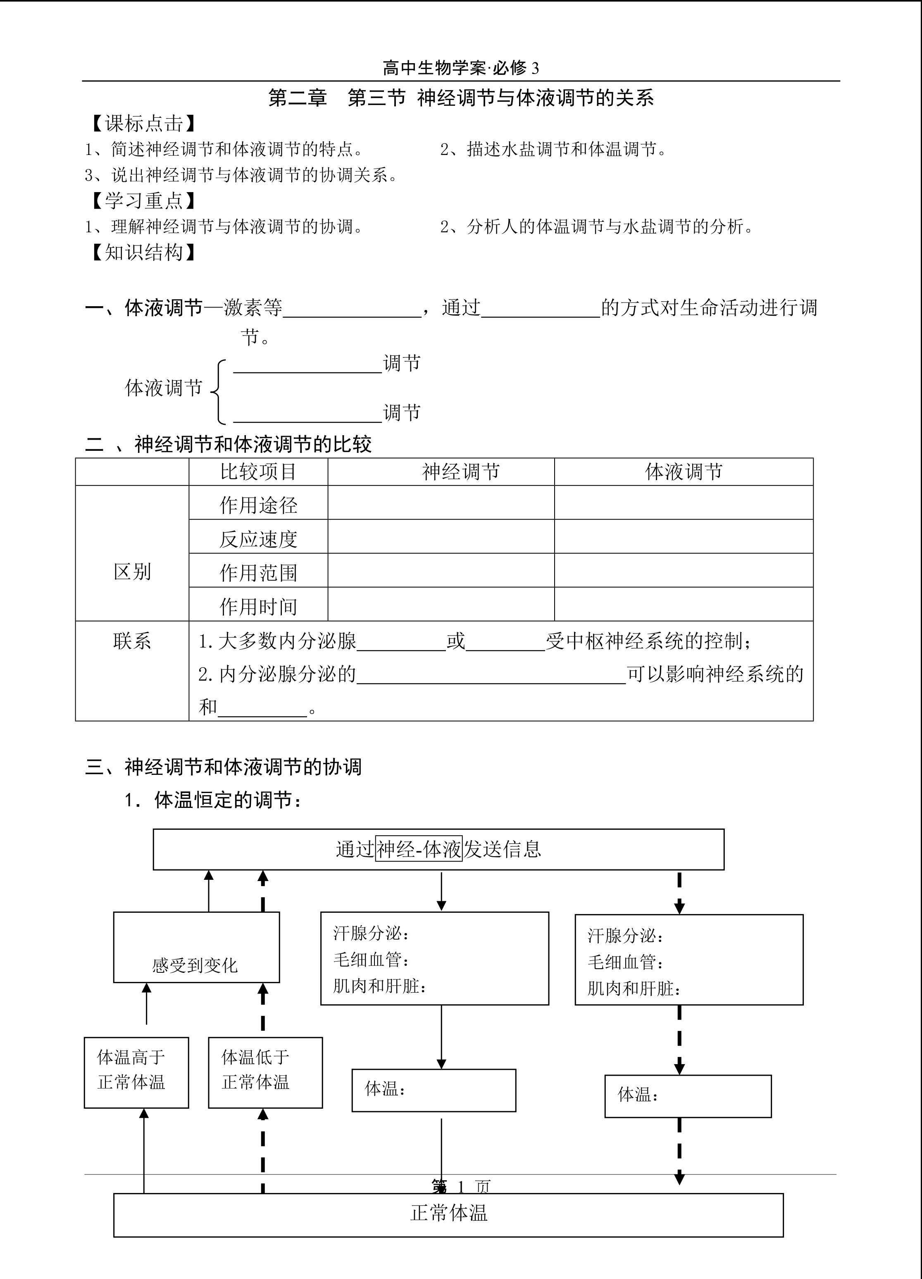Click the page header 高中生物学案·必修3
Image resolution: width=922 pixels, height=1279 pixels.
[x=461, y=68]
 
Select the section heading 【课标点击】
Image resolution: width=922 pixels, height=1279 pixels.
[x=143, y=124]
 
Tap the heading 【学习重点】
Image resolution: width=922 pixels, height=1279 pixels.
[x=143, y=201]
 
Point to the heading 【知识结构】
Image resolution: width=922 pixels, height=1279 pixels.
[x=143, y=252]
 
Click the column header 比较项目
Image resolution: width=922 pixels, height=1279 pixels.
[x=258, y=472]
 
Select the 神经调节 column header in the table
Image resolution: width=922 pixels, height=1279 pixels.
[x=461, y=472]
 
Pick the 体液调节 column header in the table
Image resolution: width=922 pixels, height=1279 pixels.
[x=684, y=472]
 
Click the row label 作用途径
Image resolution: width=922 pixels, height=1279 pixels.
[x=258, y=505]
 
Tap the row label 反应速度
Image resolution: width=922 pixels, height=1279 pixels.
[x=258, y=539]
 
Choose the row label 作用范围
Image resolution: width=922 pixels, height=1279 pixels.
[x=258, y=573]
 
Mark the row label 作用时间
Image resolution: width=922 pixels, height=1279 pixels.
[x=258, y=607]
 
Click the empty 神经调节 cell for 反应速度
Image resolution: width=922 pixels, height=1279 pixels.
[x=441, y=536]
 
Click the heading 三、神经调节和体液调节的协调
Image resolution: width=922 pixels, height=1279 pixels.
[x=223, y=767]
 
